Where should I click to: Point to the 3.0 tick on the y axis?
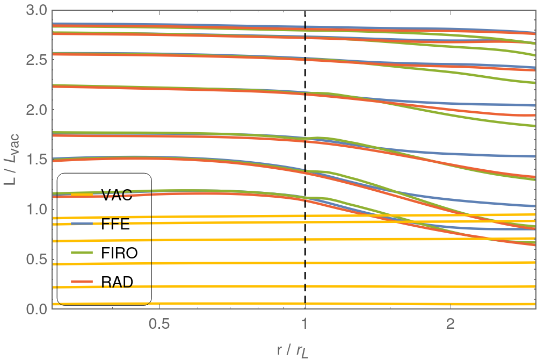(35, 10)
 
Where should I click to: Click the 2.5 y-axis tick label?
(35, 60)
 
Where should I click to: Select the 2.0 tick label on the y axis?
(35, 110)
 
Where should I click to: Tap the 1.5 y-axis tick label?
(35, 160)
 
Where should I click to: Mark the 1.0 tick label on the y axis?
(35, 210)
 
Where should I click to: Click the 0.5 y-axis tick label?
(35, 260)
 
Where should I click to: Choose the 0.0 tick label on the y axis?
(35, 309)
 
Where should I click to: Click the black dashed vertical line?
(305, 134)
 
